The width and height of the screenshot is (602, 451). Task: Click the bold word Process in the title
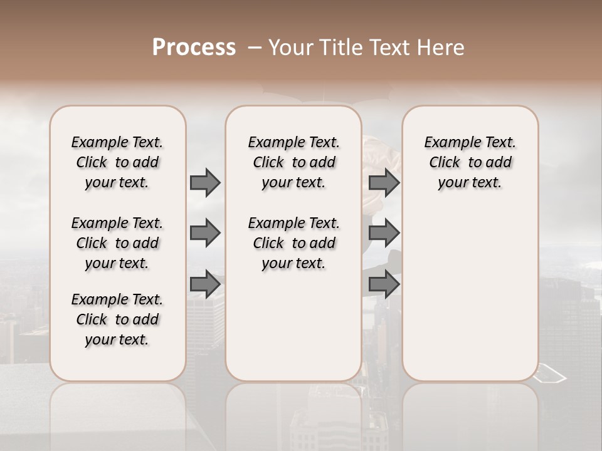(x=194, y=48)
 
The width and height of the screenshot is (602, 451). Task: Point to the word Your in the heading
(x=291, y=48)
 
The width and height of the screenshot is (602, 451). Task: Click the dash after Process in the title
(x=254, y=48)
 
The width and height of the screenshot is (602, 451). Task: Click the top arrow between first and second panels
(x=205, y=183)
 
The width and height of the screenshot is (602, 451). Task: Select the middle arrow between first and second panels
(x=205, y=234)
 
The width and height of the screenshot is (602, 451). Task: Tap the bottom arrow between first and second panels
(x=205, y=284)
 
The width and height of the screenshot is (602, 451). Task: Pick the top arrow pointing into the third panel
(x=384, y=183)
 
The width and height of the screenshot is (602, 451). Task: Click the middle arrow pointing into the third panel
(x=384, y=234)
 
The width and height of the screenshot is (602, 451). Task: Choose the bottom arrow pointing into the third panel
(x=384, y=284)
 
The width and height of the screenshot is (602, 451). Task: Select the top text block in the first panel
(x=117, y=162)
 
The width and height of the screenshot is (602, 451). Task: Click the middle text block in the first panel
(x=117, y=243)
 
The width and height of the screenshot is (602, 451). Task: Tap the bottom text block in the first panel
(x=117, y=319)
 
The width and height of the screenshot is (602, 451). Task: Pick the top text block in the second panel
(x=293, y=162)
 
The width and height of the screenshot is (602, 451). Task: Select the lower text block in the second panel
(x=293, y=243)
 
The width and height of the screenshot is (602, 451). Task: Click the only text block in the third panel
(x=470, y=162)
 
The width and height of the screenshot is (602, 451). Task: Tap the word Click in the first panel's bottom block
(x=92, y=319)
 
